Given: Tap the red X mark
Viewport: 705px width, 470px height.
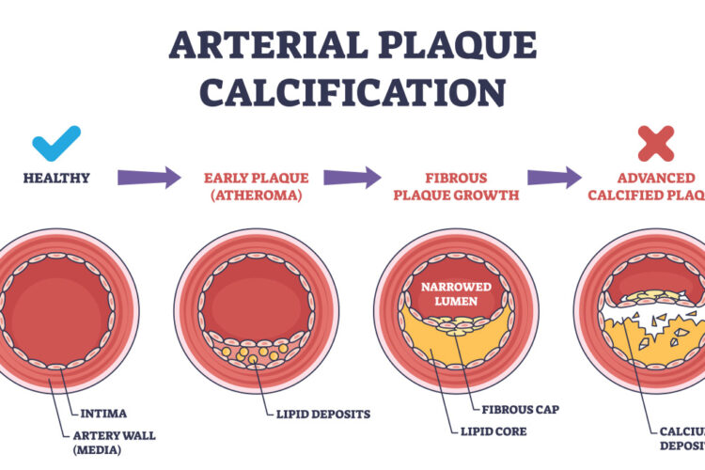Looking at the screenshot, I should tap(655, 143).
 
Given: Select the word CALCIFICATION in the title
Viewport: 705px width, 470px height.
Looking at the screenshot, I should tap(352, 91).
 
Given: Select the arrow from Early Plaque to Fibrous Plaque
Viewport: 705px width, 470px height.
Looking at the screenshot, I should tap(352, 177).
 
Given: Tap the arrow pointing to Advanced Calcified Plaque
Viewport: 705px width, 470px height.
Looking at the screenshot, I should tap(555, 177).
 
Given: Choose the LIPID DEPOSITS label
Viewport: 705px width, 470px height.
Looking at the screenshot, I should tap(321, 413).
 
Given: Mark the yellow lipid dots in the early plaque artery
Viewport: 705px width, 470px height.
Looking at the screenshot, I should tap(252, 355).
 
